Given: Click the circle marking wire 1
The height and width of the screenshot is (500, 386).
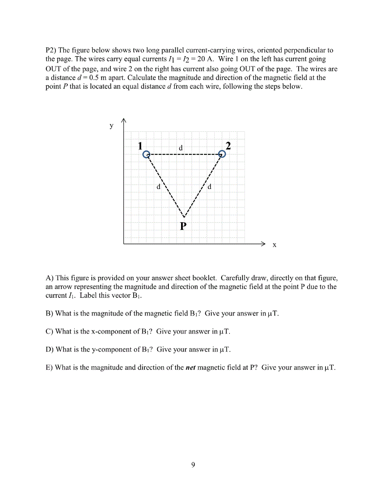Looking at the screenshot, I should [x=146, y=154].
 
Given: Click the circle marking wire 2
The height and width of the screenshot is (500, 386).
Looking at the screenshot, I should [x=222, y=154].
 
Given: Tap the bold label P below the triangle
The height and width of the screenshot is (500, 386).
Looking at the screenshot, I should [x=183, y=226].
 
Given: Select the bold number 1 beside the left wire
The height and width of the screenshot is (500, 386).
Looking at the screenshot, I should [x=141, y=146].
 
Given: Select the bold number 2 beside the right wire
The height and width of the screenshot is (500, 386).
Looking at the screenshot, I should [x=228, y=146].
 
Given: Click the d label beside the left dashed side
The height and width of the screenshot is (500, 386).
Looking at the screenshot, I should [x=158, y=187].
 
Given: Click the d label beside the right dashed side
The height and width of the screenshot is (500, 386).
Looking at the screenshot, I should [x=209, y=187].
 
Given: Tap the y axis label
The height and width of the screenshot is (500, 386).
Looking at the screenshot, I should [x=111, y=125].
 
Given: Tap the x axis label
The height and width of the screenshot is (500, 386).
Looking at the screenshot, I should [x=274, y=245].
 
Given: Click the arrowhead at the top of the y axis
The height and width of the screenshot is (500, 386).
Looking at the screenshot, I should [x=124, y=122].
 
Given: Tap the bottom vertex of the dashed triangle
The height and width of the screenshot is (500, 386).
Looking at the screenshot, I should [x=183, y=217].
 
